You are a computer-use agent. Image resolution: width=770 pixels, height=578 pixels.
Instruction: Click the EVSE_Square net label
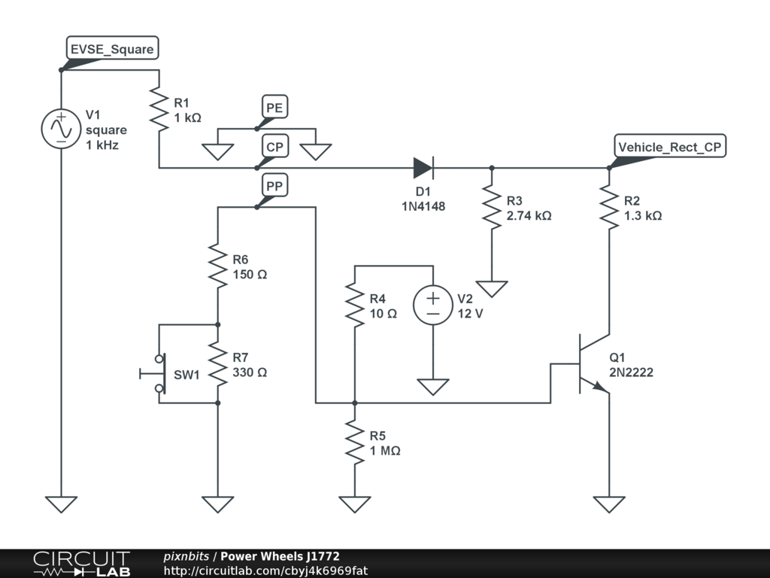111,50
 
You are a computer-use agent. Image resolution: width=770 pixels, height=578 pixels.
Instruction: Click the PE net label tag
274,108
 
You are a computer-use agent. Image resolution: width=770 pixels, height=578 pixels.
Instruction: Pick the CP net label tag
274,147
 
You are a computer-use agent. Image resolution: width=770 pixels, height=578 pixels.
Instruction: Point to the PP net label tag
274,185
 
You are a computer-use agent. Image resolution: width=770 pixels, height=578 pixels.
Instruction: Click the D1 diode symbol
423,168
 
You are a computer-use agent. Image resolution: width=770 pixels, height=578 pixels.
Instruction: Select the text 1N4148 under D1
423,205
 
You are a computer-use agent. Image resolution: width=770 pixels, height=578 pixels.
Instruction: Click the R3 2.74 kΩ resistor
492,208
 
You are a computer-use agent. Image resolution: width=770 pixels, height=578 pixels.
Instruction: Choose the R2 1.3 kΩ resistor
608,208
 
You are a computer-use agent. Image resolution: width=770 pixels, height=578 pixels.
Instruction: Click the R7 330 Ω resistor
217,364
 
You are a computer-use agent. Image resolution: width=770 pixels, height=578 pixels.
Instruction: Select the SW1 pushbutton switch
156,373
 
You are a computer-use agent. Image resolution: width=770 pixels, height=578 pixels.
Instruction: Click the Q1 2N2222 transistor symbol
591,364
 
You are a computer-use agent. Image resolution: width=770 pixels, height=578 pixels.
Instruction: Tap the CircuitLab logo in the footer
80,564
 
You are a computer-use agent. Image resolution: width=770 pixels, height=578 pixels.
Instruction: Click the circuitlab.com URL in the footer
265,571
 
